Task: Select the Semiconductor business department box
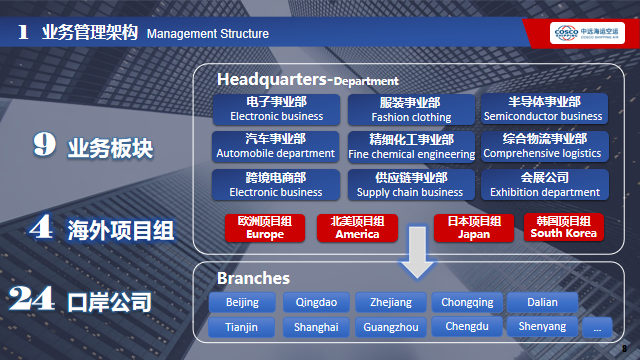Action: [543, 109]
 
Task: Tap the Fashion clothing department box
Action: [409, 109]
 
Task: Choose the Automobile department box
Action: [275, 146]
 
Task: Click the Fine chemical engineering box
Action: [411, 146]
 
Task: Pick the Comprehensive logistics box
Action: [543, 146]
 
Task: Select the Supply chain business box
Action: [411, 184]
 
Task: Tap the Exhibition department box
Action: [543, 184]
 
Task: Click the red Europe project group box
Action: [265, 227]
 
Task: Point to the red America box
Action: [357, 227]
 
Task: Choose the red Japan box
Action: [473, 227]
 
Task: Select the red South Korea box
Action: [563, 227]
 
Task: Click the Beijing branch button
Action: [242, 302]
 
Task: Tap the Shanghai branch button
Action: [316, 327]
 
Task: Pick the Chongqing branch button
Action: [468, 302]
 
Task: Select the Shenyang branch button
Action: [542, 327]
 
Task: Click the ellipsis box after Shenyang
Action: [597, 327]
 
